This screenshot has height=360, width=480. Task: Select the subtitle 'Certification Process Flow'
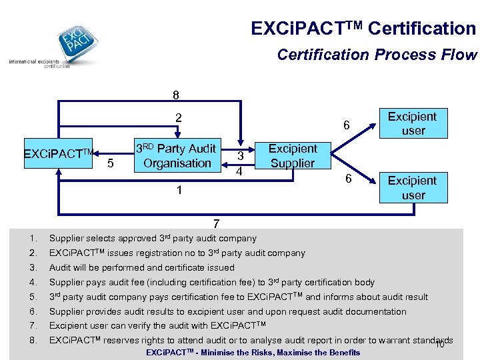377,55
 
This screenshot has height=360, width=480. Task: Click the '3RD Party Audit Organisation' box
177,156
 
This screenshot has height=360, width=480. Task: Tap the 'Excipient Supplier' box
292,156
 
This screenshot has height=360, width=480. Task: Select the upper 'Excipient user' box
413,123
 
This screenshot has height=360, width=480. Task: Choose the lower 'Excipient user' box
413,187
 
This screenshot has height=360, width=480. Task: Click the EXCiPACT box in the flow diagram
57,155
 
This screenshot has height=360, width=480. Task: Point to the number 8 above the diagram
176,95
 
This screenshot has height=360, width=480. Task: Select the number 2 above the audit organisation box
178,119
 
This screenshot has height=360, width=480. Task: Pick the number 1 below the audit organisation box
178,191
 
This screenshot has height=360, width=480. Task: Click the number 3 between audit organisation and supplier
240,155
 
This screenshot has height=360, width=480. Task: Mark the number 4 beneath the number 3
240,171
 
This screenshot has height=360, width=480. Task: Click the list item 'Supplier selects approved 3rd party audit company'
153,238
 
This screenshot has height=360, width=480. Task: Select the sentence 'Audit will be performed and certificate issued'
142,267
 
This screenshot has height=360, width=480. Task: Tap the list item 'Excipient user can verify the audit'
157,325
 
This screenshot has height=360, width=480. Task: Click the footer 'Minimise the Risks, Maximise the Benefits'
253,353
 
